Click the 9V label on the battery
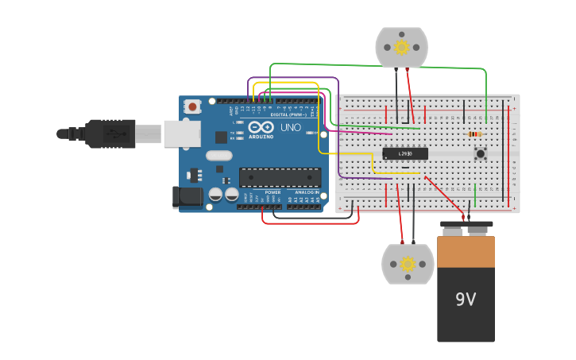[x=466, y=300]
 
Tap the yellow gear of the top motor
[x=401, y=47]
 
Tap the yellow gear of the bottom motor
[x=408, y=264]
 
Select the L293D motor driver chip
[x=405, y=153]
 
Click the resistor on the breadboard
[x=475, y=134]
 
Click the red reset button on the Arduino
[x=193, y=106]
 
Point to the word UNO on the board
[x=291, y=127]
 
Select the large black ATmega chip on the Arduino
[x=280, y=177]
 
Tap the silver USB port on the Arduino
[x=182, y=134]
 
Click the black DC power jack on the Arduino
[x=186, y=198]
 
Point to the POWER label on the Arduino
[x=273, y=192]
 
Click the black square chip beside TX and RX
[x=221, y=137]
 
